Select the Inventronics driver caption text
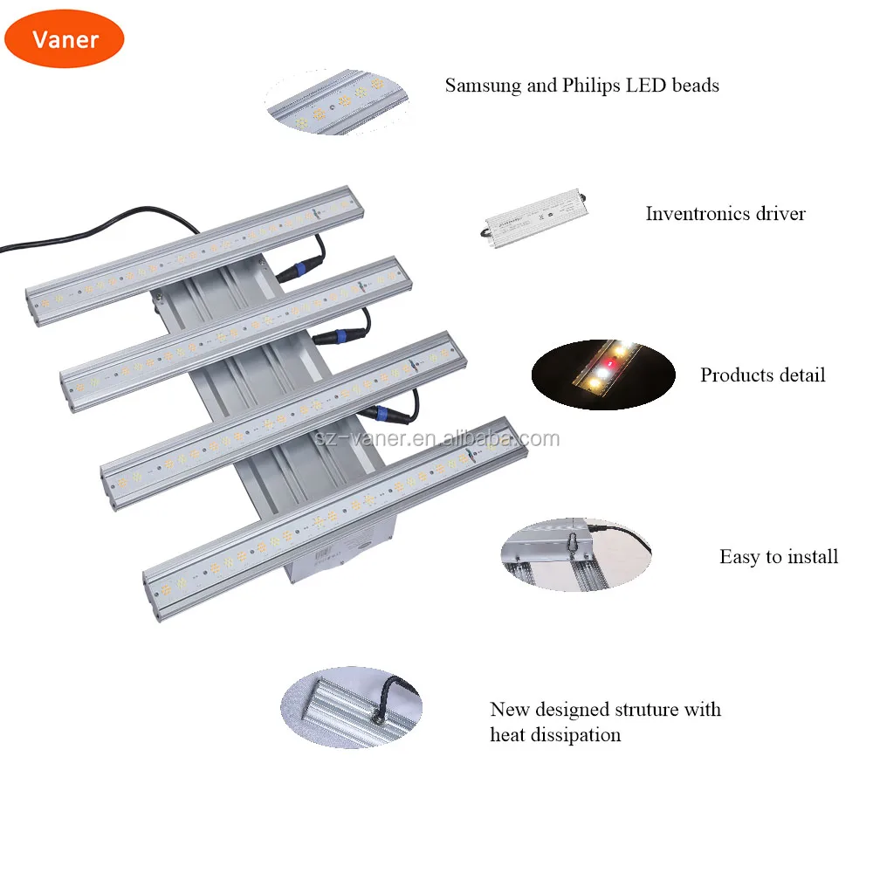pos(725,214)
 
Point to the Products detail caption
pos(762,375)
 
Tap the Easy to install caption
pos(778,557)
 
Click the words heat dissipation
pos(555,735)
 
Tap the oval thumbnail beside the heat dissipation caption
pos(351,706)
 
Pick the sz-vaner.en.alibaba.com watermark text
pos(436,438)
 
